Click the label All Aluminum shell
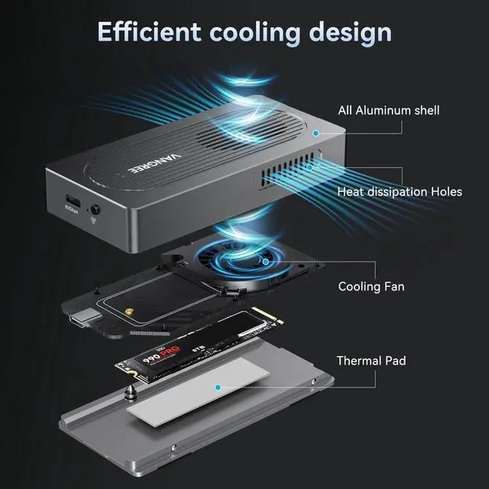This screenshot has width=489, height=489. tap(388, 111)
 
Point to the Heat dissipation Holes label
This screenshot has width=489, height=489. tap(399, 192)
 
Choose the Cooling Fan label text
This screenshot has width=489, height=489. tap(371, 287)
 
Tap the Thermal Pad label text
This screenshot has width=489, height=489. tap(372, 361)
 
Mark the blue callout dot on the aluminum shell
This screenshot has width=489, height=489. tap(314, 132)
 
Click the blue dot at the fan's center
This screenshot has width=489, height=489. tap(265, 262)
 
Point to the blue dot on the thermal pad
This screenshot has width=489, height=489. tap(218, 387)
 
